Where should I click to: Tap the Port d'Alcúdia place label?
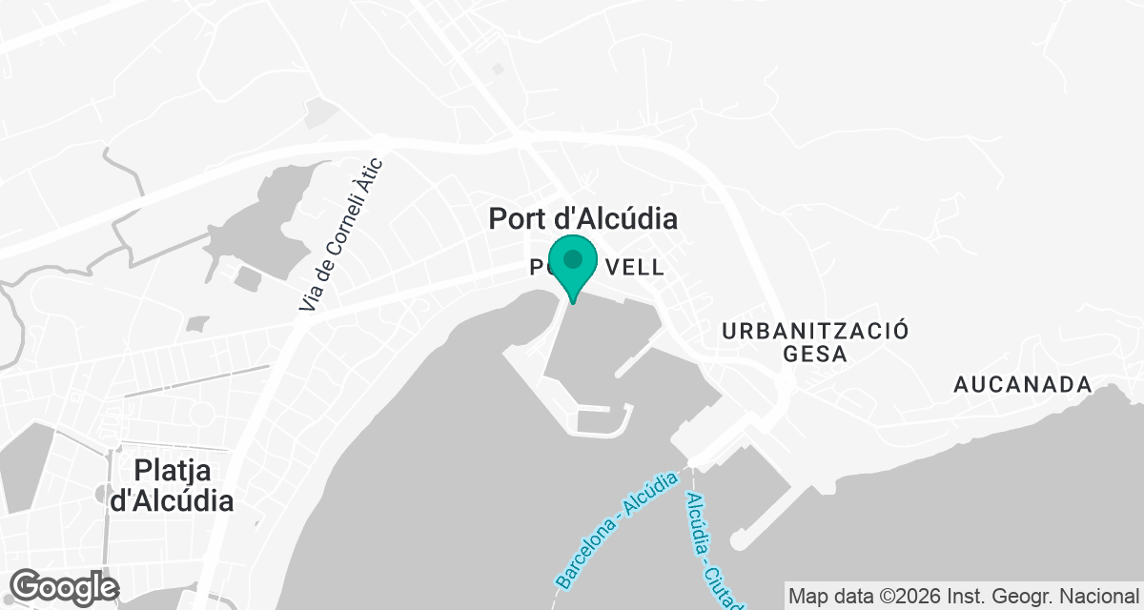[x=582, y=218]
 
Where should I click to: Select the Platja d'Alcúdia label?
[x=172, y=485]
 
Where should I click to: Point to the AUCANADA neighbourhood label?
[x=1023, y=385]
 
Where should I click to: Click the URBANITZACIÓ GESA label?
[x=815, y=342]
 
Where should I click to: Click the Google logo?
[x=65, y=586]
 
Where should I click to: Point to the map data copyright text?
[x=964, y=595]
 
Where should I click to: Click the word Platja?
[x=173, y=471]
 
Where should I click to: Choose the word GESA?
[x=815, y=355]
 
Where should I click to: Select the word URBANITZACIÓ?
[x=815, y=331]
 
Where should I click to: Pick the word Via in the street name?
[x=307, y=301]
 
